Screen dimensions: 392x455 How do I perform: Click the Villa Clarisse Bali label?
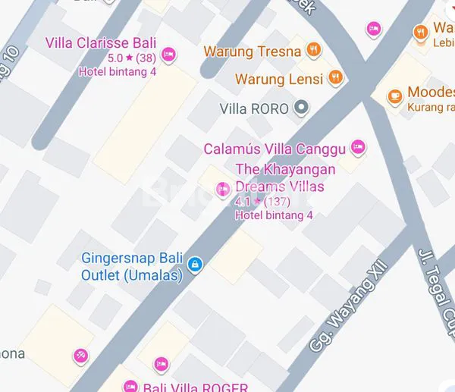click(101, 42)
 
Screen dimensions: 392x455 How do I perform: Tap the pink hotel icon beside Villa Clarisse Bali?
click(169, 54)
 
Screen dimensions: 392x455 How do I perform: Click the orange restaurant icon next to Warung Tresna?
click(314, 51)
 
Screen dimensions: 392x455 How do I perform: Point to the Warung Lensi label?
click(278, 78)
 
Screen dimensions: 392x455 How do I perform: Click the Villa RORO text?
click(253, 108)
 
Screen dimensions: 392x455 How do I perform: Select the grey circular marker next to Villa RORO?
click(302, 108)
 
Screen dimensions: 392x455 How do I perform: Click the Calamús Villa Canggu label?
click(275, 148)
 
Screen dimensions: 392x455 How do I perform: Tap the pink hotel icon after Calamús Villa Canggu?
click(359, 147)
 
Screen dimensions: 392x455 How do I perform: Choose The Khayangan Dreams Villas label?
click(285, 177)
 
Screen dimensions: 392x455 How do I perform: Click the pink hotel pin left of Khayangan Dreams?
click(223, 189)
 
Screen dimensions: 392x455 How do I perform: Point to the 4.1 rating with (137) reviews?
click(262, 202)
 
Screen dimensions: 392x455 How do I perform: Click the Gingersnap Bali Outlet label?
click(132, 266)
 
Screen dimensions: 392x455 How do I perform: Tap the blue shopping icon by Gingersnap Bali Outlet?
click(196, 264)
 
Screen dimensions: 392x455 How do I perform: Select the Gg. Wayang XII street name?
click(348, 306)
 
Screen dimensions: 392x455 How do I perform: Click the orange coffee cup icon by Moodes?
click(394, 96)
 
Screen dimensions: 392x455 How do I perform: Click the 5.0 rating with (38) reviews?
click(131, 58)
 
